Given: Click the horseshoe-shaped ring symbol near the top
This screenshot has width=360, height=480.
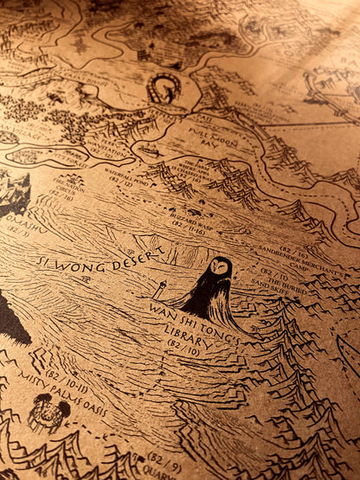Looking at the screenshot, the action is (x=164, y=88).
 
